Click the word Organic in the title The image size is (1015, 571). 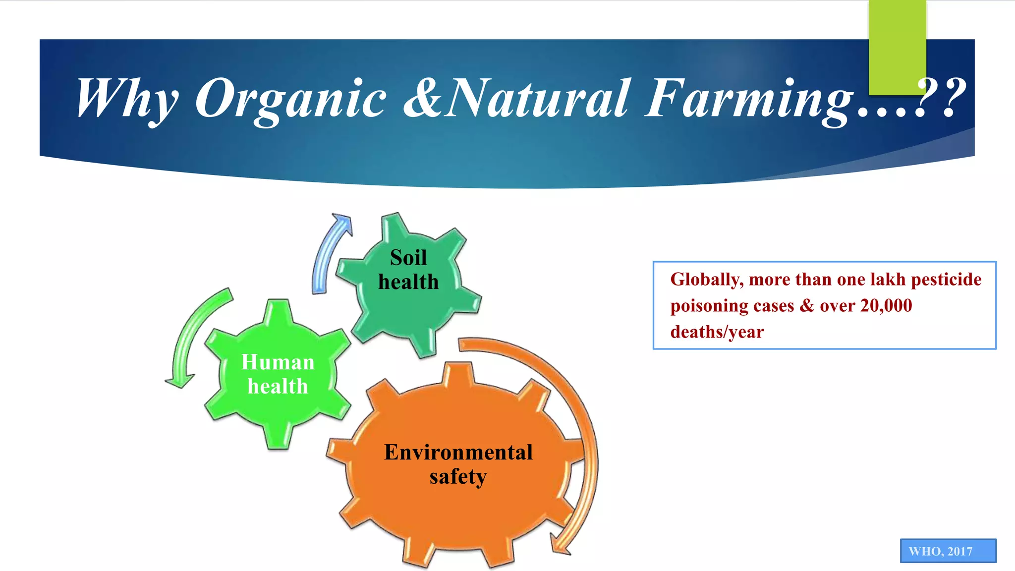[290, 99]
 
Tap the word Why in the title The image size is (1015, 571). [127, 99]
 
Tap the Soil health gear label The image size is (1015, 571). [408, 270]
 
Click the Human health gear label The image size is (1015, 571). [278, 374]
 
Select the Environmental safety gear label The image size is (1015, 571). [458, 464]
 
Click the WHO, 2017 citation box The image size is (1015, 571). [948, 551]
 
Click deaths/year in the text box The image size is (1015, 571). [717, 332]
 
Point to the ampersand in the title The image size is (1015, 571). [422, 99]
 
